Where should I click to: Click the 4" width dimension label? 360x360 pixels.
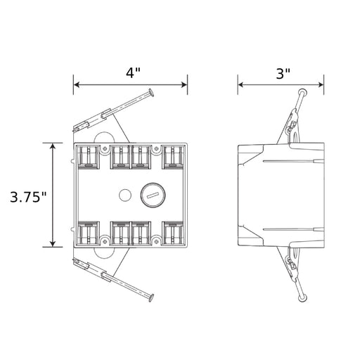[133, 73]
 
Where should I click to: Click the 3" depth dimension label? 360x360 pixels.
[283, 73]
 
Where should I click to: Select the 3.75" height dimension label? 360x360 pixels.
[29, 197]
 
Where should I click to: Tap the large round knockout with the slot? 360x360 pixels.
[153, 195]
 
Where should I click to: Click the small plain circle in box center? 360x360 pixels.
[125, 195]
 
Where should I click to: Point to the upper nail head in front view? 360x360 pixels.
[151, 92]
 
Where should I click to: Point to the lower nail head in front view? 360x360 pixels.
[151, 297]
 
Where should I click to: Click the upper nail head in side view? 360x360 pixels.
[302, 91]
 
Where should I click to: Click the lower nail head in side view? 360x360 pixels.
[302, 298]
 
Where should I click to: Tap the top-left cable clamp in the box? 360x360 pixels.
[89, 157]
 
